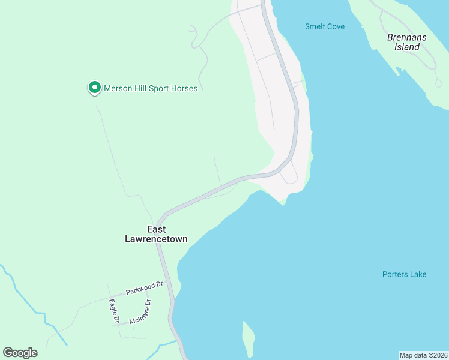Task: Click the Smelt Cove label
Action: click(x=324, y=26)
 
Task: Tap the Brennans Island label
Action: click(x=406, y=42)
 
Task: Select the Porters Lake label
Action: click(x=404, y=275)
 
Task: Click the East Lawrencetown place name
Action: click(x=156, y=234)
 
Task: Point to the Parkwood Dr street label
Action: click(x=144, y=288)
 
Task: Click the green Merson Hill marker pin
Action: click(x=94, y=88)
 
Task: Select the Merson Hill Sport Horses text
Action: click(x=151, y=89)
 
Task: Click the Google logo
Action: click(x=20, y=353)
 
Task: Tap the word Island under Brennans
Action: click(x=407, y=47)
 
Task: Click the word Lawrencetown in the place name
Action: click(x=156, y=239)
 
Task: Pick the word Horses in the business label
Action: click(x=184, y=89)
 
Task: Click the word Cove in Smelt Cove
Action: click(x=336, y=26)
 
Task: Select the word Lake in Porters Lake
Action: click(x=417, y=275)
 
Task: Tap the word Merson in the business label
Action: click(x=118, y=89)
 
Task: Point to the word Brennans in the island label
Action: click(x=406, y=37)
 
